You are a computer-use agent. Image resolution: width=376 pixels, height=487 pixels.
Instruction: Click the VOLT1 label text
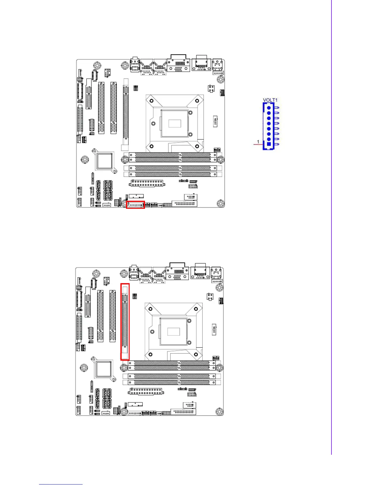tap(270, 100)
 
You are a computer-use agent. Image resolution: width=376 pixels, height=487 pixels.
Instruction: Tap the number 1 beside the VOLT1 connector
tap(258, 142)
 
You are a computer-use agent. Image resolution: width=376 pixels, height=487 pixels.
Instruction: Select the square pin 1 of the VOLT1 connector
tap(269, 144)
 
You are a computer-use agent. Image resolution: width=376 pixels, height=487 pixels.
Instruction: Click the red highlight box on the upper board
tap(135, 205)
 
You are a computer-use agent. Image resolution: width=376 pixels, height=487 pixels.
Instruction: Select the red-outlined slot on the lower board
tap(125, 321)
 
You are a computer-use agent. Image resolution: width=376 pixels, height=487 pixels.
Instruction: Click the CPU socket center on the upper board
tap(174, 123)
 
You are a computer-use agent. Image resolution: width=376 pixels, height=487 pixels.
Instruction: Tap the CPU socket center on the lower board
tap(174, 331)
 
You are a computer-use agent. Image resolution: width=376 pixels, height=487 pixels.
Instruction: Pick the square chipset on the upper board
tap(104, 160)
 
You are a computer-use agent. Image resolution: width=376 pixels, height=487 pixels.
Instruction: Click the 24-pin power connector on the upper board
tap(147, 183)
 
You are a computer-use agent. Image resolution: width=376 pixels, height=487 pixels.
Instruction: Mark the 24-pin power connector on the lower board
tap(146, 392)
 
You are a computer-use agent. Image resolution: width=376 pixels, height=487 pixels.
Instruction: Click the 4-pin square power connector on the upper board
tap(211, 89)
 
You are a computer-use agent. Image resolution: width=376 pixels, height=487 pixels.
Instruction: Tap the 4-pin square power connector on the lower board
tap(210, 297)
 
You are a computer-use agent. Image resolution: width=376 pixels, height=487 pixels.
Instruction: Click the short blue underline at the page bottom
tap(61, 484)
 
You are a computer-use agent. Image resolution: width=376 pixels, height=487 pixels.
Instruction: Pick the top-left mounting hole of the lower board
tap(96, 274)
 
